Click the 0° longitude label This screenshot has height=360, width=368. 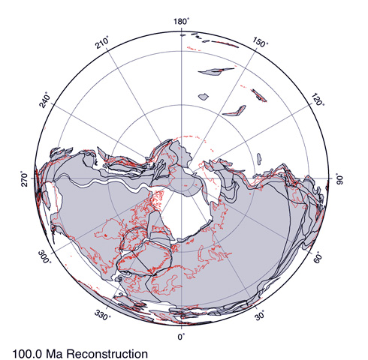181,337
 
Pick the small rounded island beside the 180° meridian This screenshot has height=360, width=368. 203,96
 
